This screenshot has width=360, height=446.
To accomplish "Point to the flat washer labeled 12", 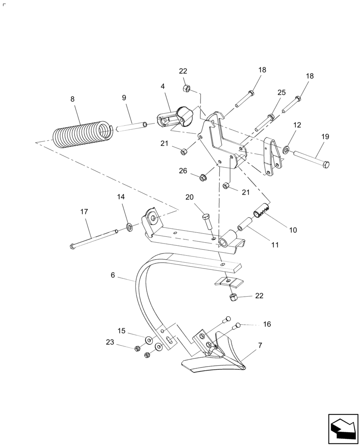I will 285,148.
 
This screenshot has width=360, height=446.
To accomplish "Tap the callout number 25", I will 281,92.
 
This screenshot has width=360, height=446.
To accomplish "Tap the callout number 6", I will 113,276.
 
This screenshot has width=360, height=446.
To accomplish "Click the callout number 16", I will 266,324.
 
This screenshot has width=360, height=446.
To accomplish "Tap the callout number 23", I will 110,342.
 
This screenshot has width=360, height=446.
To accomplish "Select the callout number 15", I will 122,330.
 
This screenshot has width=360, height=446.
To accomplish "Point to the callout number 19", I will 325,136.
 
